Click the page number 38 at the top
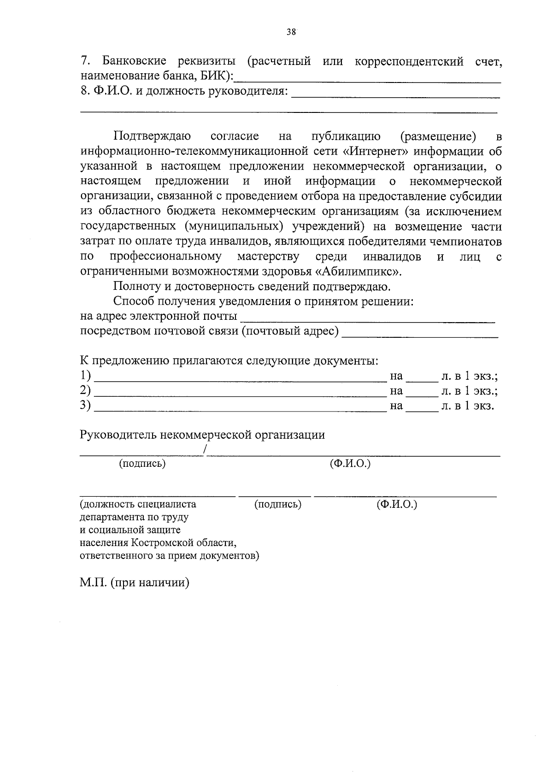coord(291,32)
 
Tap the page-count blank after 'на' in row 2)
coord(421,394)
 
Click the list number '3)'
coord(85,406)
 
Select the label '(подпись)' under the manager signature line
coord(142,464)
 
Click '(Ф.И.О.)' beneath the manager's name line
coord(350,464)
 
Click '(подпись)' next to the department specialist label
coord(278,504)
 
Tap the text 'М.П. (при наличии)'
coord(135,583)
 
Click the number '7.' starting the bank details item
coord(84,61)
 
